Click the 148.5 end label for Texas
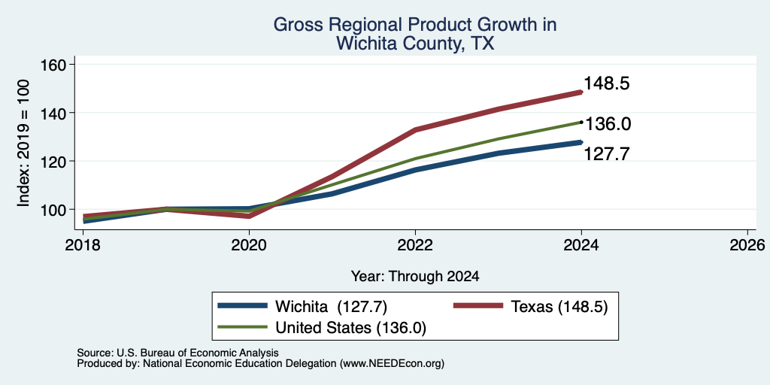(x=606, y=83)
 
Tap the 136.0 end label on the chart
(x=608, y=124)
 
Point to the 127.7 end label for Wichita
(x=606, y=153)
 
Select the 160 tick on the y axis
(x=54, y=65)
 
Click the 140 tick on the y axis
(x=54, y=113)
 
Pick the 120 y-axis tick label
(x=54, y=161)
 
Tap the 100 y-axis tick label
(x=54, y=210)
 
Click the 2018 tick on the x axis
(x=83, y=244)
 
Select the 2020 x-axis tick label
(x=249, y=244)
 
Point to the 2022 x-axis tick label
(x=415, y=244)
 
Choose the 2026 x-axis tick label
(x=747, y=244)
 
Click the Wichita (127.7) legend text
(x=332, y=307)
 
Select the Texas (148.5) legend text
(x=559, y=307)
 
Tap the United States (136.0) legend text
(x=350, y=328)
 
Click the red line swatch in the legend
(x=477, y=306)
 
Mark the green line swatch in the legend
(x=243, y=327)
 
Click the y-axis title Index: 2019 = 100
(x=23, y=143)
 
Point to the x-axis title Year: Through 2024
(x=415, y=277)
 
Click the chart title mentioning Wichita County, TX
(x=415, y=34)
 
